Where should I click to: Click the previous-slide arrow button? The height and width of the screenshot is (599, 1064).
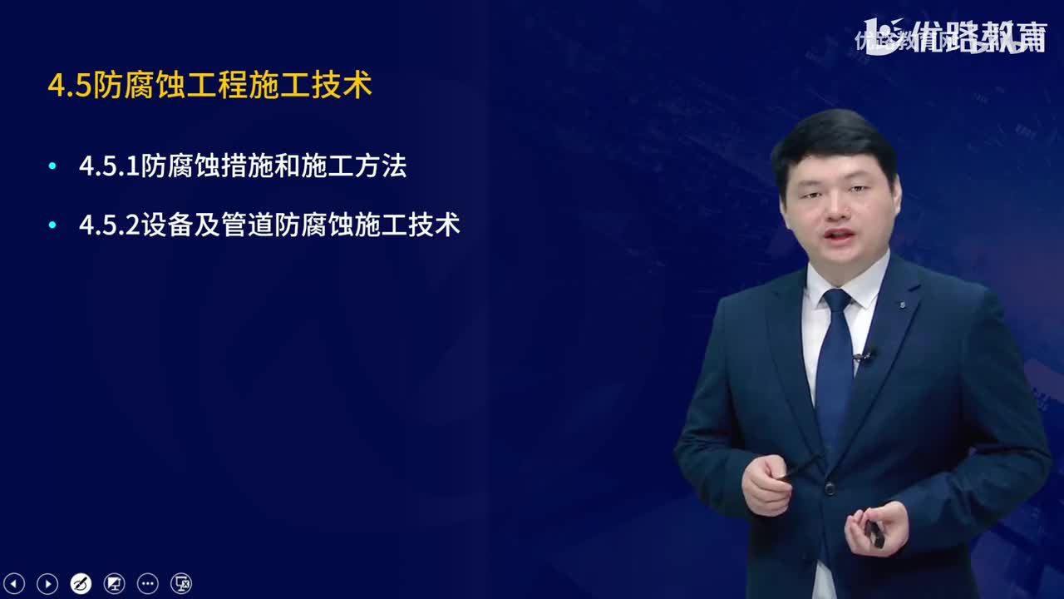point(15,583)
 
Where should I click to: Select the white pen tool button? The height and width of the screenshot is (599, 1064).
point(81,583)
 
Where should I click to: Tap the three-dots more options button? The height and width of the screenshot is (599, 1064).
point(147,583)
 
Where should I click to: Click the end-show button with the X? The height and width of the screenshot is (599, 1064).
point(181,583)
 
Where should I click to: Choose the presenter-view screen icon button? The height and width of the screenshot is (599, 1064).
point(114,583)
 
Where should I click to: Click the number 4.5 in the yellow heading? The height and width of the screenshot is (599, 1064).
point(69,87)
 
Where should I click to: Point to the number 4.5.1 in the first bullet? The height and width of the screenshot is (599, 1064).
point(109,166)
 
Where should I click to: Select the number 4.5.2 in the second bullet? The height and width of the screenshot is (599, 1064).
point(109,225)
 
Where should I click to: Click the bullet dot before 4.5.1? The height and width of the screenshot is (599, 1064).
point(53,166)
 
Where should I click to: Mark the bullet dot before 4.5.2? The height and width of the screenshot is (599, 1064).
point(53,225)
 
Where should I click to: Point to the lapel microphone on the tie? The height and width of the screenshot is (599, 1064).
point(864,356)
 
